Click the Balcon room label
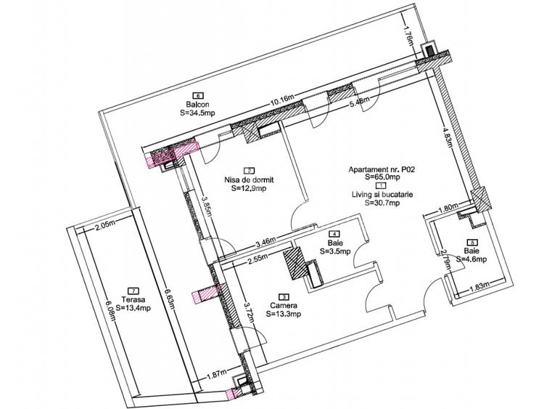point(197,104)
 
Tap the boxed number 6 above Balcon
point(197,94)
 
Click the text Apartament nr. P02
point(382,168)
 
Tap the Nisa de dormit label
point(249,179)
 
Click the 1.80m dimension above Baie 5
point(448,208)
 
